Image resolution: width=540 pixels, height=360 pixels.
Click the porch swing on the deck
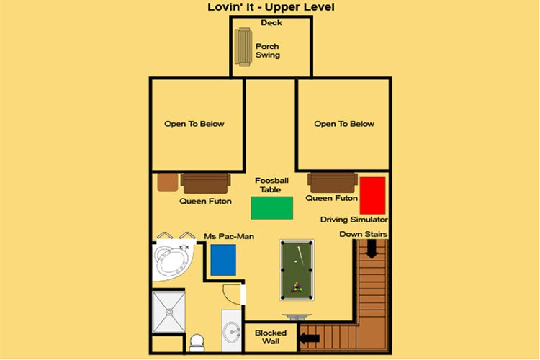pyautogui.click(x=243, y=47)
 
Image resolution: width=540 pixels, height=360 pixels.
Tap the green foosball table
pyautogui.click(x=271, y=208)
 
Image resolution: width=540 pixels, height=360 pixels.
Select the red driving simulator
pyautogui.click(x=373, y=196)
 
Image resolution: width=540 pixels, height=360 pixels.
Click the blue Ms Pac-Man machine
pyautogui.click(x=223, y=260)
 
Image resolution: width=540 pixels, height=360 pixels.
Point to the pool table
pyautogui.click(x=297, y=270)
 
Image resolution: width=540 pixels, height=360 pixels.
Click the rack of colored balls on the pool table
pyautogui.click(x=297, y=288)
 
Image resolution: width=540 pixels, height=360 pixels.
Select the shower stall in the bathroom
pyautogui.click(x=168, y=312)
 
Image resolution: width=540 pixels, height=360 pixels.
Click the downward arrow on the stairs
pyautogui.click(x=372, y=249)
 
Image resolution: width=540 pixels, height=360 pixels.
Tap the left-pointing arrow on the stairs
pyautogui.click(x=310, y=338)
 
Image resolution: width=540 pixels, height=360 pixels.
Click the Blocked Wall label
pyautogui.click(x=271, y=337)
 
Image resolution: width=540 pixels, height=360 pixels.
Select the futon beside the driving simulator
pyautogui.click(x=333, y=183)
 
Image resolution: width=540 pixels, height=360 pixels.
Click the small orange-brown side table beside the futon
pyautogui.click(x=168, y=182)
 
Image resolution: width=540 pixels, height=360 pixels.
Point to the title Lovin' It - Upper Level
pyautogui.click(x=271, y=7)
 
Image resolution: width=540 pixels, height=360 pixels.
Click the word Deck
pyautogui.click(x=271, y=23)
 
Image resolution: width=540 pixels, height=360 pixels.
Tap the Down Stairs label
pyautogui.click(x=364, y=234)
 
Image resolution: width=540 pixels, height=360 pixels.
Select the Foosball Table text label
pyautogui.click(x=271, y=185)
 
